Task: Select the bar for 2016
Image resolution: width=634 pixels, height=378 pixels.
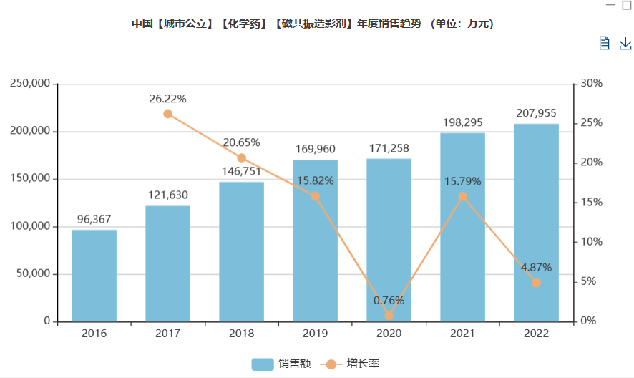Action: tap(94, 276)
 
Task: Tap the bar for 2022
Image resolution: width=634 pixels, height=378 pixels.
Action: tap(536, 223)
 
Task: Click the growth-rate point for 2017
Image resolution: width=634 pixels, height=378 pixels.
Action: tap(168, 114)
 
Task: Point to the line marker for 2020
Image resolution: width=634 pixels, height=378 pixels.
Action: tap(389, 315)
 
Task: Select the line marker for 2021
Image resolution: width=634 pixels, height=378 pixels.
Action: tap(462, 196)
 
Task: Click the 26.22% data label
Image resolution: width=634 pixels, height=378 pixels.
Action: tap(168, 99)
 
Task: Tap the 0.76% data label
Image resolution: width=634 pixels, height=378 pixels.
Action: tap(389, 300)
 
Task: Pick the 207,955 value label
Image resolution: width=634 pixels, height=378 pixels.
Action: tap(536, 113)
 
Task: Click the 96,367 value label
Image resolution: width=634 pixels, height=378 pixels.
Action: tap(94, 219)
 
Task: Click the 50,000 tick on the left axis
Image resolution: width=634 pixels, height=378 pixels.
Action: tap(33, 274)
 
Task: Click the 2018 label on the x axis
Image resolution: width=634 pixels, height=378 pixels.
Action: tap(241, 334)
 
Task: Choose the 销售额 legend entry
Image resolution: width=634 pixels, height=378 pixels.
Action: tap(281, 364)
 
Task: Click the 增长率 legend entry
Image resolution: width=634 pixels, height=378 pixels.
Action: tap(352, 364)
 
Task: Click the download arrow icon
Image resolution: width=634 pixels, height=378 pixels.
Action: tap(625, 43)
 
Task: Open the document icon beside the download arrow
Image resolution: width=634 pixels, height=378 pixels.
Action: tap(604, 43)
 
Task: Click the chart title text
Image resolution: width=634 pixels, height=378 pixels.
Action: tap(313, 24)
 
